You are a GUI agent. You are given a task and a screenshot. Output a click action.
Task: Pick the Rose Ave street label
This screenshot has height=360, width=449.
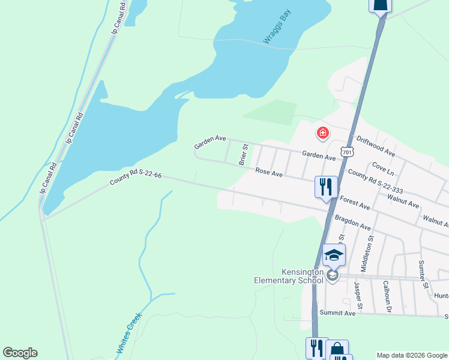pyautogui.click(x=268, y=172)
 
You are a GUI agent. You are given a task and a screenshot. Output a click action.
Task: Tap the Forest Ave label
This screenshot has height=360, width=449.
pyautogui.click(x=355, y=203)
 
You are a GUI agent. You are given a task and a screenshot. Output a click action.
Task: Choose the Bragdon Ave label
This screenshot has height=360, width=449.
pyautogui.click(x=352, y=222)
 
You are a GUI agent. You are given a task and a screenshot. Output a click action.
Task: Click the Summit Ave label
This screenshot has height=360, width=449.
pyautogui.click(x=337, y=313)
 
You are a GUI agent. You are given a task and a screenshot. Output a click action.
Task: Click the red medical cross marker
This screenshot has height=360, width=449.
pyautogui.click(x=323, y=133)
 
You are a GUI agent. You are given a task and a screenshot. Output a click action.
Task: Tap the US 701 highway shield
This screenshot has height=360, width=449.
pyautogui.click(x=346, y=152)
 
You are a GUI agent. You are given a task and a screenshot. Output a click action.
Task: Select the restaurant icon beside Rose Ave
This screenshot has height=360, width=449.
pyautogui.click(x=326, y=186)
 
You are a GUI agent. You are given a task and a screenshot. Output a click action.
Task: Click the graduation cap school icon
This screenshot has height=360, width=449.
pyautogui.click(x=334, y=255)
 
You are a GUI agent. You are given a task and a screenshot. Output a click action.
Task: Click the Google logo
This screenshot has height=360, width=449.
pyautogui.click(x=20, y=352)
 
